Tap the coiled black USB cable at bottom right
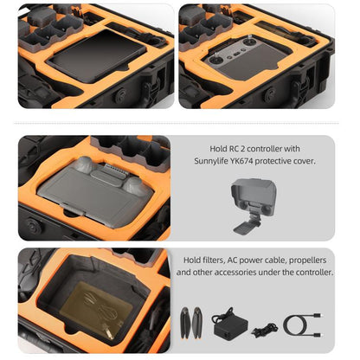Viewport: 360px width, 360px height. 305,325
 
